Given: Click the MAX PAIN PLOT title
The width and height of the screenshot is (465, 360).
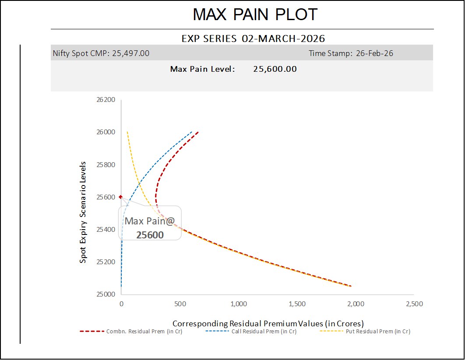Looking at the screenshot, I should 255,15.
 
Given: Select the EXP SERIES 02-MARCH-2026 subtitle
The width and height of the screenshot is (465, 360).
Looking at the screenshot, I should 253,38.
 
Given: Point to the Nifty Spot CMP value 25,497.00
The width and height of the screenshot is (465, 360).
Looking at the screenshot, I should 131,53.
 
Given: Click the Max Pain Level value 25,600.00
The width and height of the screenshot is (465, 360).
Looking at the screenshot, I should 275,69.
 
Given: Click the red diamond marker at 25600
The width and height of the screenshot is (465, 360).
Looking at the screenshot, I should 120,197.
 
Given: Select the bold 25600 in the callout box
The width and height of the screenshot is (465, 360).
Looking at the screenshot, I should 150,235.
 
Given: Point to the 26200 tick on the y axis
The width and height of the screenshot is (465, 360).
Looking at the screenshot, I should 106,100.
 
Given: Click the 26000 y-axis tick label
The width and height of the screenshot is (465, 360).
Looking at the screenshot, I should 106,132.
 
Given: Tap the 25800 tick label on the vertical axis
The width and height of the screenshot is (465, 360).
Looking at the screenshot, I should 106,164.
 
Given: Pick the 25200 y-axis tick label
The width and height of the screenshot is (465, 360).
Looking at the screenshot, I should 106,262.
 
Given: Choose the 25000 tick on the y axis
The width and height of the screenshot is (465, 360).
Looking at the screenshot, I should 106,294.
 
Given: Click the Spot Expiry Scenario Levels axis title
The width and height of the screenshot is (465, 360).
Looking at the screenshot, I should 83,212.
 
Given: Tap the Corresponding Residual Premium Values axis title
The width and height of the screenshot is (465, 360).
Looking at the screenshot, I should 268,324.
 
